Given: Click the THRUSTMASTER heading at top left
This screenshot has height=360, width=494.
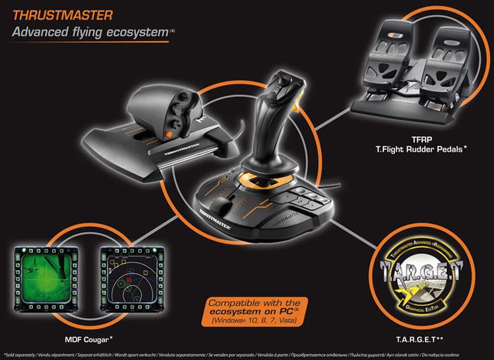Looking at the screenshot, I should [63, 15].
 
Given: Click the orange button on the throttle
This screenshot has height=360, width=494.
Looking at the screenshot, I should [169, 133].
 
